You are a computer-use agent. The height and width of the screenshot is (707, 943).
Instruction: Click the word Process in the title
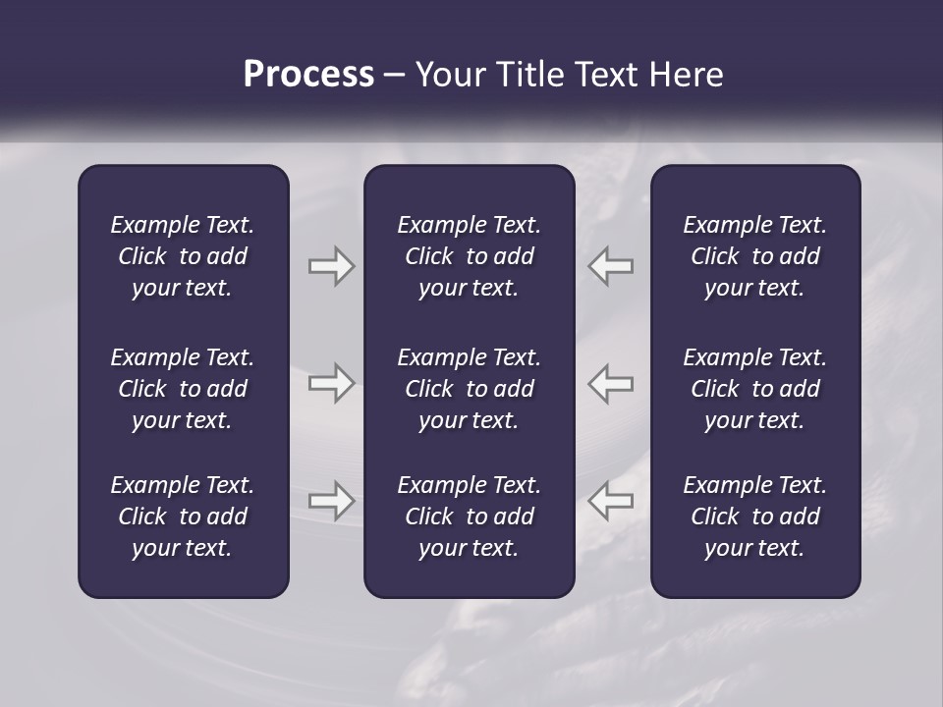pyautogui.click(x=308, y=75)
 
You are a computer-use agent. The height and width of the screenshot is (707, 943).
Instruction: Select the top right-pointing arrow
pyautogui.click(x=332, y=266)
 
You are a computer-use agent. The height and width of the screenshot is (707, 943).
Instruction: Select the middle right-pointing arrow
pyautogui.click(x=332, y=383)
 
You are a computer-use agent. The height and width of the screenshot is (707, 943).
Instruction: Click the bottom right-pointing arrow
pyautogui.click(x=332, y=501)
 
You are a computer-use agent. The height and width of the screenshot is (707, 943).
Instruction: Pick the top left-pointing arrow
pyautogui.click(x=610, y=266)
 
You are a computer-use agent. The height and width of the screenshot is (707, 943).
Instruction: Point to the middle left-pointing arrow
pyautogui.click(x=610, y=383)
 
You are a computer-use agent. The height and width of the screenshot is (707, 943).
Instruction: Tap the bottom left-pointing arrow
pyautogui.click(x=610, y=501)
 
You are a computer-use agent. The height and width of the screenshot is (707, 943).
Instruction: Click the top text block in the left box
pyautogui.click(x=183, y=256)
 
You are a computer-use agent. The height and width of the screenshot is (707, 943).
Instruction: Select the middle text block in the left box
pyautogui.click(x=183, y=389)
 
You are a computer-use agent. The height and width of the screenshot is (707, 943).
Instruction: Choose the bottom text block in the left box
pyautogui.click(x=183, y=517)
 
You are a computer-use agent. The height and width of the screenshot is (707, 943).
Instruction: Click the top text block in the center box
pyautogui.click(x=469, y=256)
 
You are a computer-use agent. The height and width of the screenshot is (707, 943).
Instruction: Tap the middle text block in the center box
pyautogui.click(x=469, y=389)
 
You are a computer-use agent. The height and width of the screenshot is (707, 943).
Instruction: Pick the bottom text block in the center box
pyautogui.click(x=469, y=517)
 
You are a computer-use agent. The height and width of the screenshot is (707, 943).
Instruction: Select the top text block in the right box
pyautogui.click(x=754, y=256)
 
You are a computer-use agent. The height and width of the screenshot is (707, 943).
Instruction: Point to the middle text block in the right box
pyautogui.click(x=754, y=389)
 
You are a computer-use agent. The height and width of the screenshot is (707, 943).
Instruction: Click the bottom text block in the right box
pyautogui.click(x=754, y=517)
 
